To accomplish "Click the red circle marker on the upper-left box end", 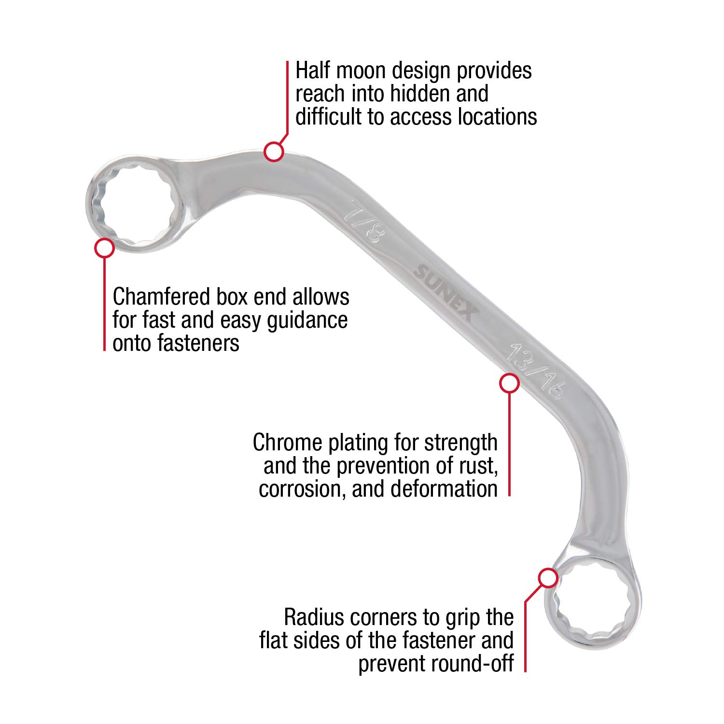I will [104, 248].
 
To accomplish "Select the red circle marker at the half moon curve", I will [274, 152].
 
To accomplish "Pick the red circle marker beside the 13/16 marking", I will [509, 383].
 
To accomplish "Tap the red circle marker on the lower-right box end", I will [548, 578].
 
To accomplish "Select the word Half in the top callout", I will [314, 70].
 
